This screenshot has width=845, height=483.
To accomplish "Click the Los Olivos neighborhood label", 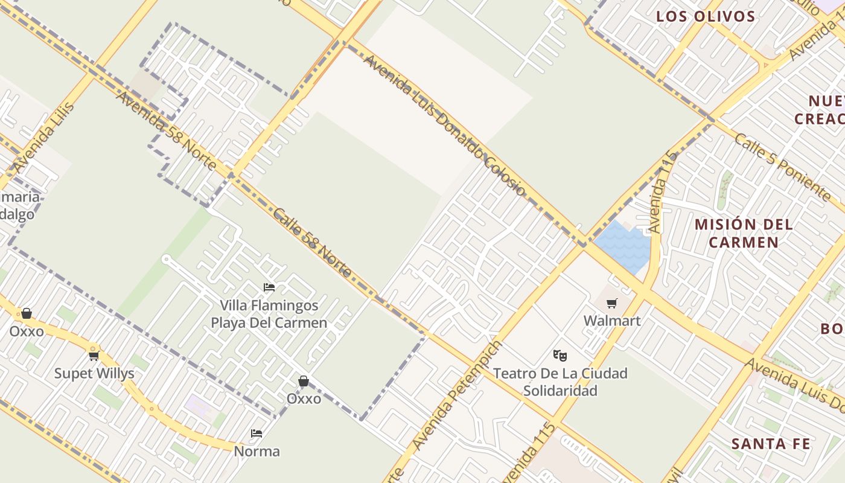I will point(706,16).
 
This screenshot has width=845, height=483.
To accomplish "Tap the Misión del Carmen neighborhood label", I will point(744,233).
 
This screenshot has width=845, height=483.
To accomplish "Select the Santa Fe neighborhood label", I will point(771,444).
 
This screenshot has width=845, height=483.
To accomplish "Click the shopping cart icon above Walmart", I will point(612,303).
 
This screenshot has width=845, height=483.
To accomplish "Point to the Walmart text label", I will point(612,321).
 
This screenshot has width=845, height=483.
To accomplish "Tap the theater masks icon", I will point(560,356).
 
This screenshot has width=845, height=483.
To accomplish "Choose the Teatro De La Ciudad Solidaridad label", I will point(560,382).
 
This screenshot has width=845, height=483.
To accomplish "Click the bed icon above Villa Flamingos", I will point(269,287).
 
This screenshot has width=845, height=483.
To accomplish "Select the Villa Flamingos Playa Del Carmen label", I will point(269,314).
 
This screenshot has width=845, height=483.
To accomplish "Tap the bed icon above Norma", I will point(257,433).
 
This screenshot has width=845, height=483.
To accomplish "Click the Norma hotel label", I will point(257,452).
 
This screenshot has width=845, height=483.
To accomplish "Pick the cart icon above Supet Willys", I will point(94,356).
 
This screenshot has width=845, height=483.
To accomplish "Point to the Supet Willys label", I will point(94,374).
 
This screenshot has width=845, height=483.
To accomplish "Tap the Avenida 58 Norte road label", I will point(165,130).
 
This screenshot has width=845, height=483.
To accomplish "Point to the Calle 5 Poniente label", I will point(782,167).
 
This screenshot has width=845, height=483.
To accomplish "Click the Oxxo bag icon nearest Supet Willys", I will point(27,313).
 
